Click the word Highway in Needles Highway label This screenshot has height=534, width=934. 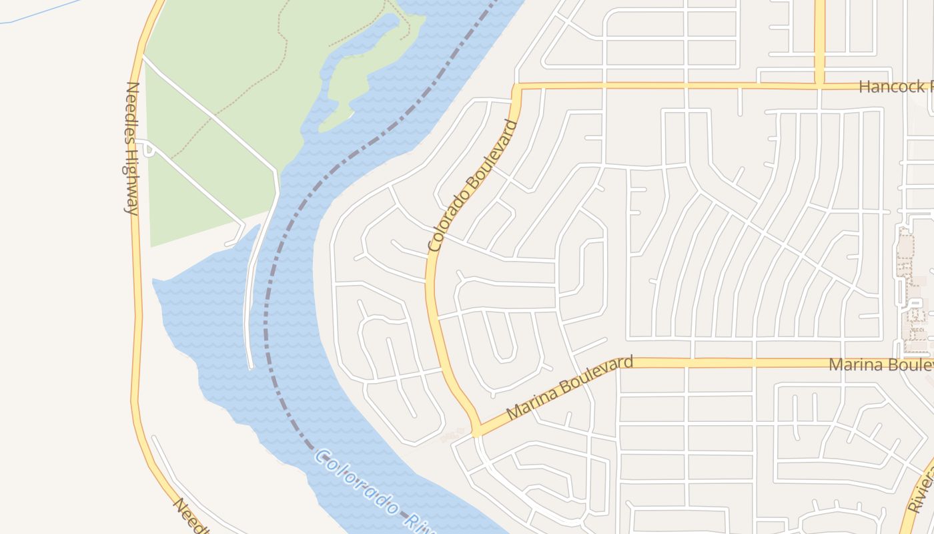click(131, 178)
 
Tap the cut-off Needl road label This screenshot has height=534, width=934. click(187, 516)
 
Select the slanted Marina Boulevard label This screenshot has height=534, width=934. click(569, 388)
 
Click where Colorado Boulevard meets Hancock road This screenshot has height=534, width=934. click(516, 87)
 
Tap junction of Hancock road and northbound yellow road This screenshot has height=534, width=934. click(819, 85)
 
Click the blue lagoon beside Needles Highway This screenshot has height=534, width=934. click(200, 320)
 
